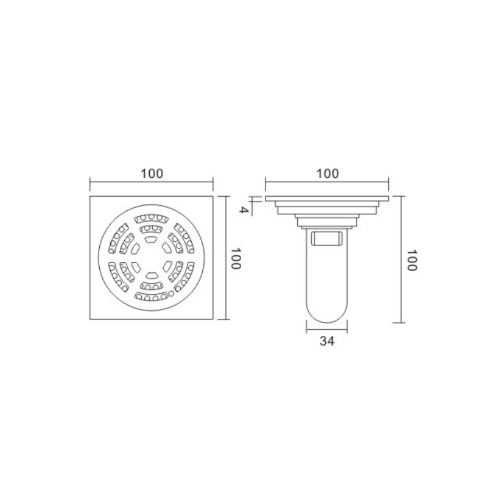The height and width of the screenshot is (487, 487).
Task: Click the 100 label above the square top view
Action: (x=152, y=173)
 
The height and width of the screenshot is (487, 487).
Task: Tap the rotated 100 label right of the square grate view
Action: (x=236, y=258)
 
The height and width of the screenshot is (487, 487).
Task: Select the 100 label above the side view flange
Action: (x=328, y=173)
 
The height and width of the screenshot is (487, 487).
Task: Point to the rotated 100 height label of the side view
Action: (x=412, y=261)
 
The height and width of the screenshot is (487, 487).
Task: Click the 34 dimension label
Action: (x=327, y=341)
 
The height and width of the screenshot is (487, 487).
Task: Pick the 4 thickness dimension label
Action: (x=244, y=210)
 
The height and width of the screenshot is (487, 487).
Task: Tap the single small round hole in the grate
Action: (x=171, y=293)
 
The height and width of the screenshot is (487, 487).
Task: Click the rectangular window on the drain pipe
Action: (x=327, y=239)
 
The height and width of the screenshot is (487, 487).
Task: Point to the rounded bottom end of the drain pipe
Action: (x=327, y=314)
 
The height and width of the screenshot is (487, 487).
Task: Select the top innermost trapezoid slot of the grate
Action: (x=152, y=239)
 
